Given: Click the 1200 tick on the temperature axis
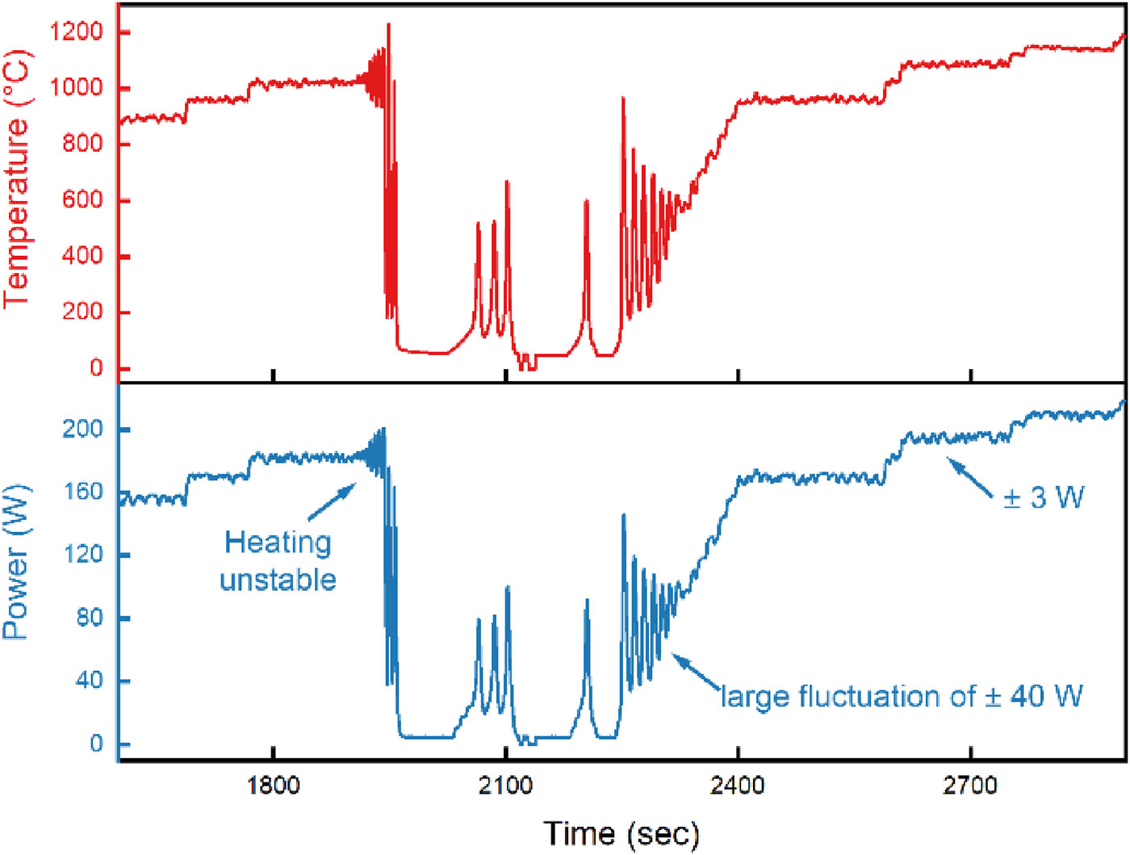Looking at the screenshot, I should (77, 32).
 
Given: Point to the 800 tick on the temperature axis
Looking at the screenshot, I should (83, 144).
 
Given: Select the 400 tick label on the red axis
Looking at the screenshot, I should (83, 256).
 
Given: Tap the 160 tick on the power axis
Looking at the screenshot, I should (83, 492).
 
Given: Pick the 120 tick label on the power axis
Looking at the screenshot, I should (83, 555).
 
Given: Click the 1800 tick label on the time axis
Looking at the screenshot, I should (274, 785).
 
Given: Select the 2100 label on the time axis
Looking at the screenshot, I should (505, 785).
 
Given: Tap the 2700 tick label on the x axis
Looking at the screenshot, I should (970, 785).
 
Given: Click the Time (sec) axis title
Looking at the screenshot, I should (621, 833).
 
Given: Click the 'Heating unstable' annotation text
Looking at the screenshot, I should (278, 561).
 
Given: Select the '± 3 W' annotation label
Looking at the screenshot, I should (1044, 497).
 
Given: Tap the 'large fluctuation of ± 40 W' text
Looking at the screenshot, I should (902, 696).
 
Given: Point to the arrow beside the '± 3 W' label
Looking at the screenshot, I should (969, 477).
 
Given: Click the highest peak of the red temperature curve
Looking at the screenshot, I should (388, 25).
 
